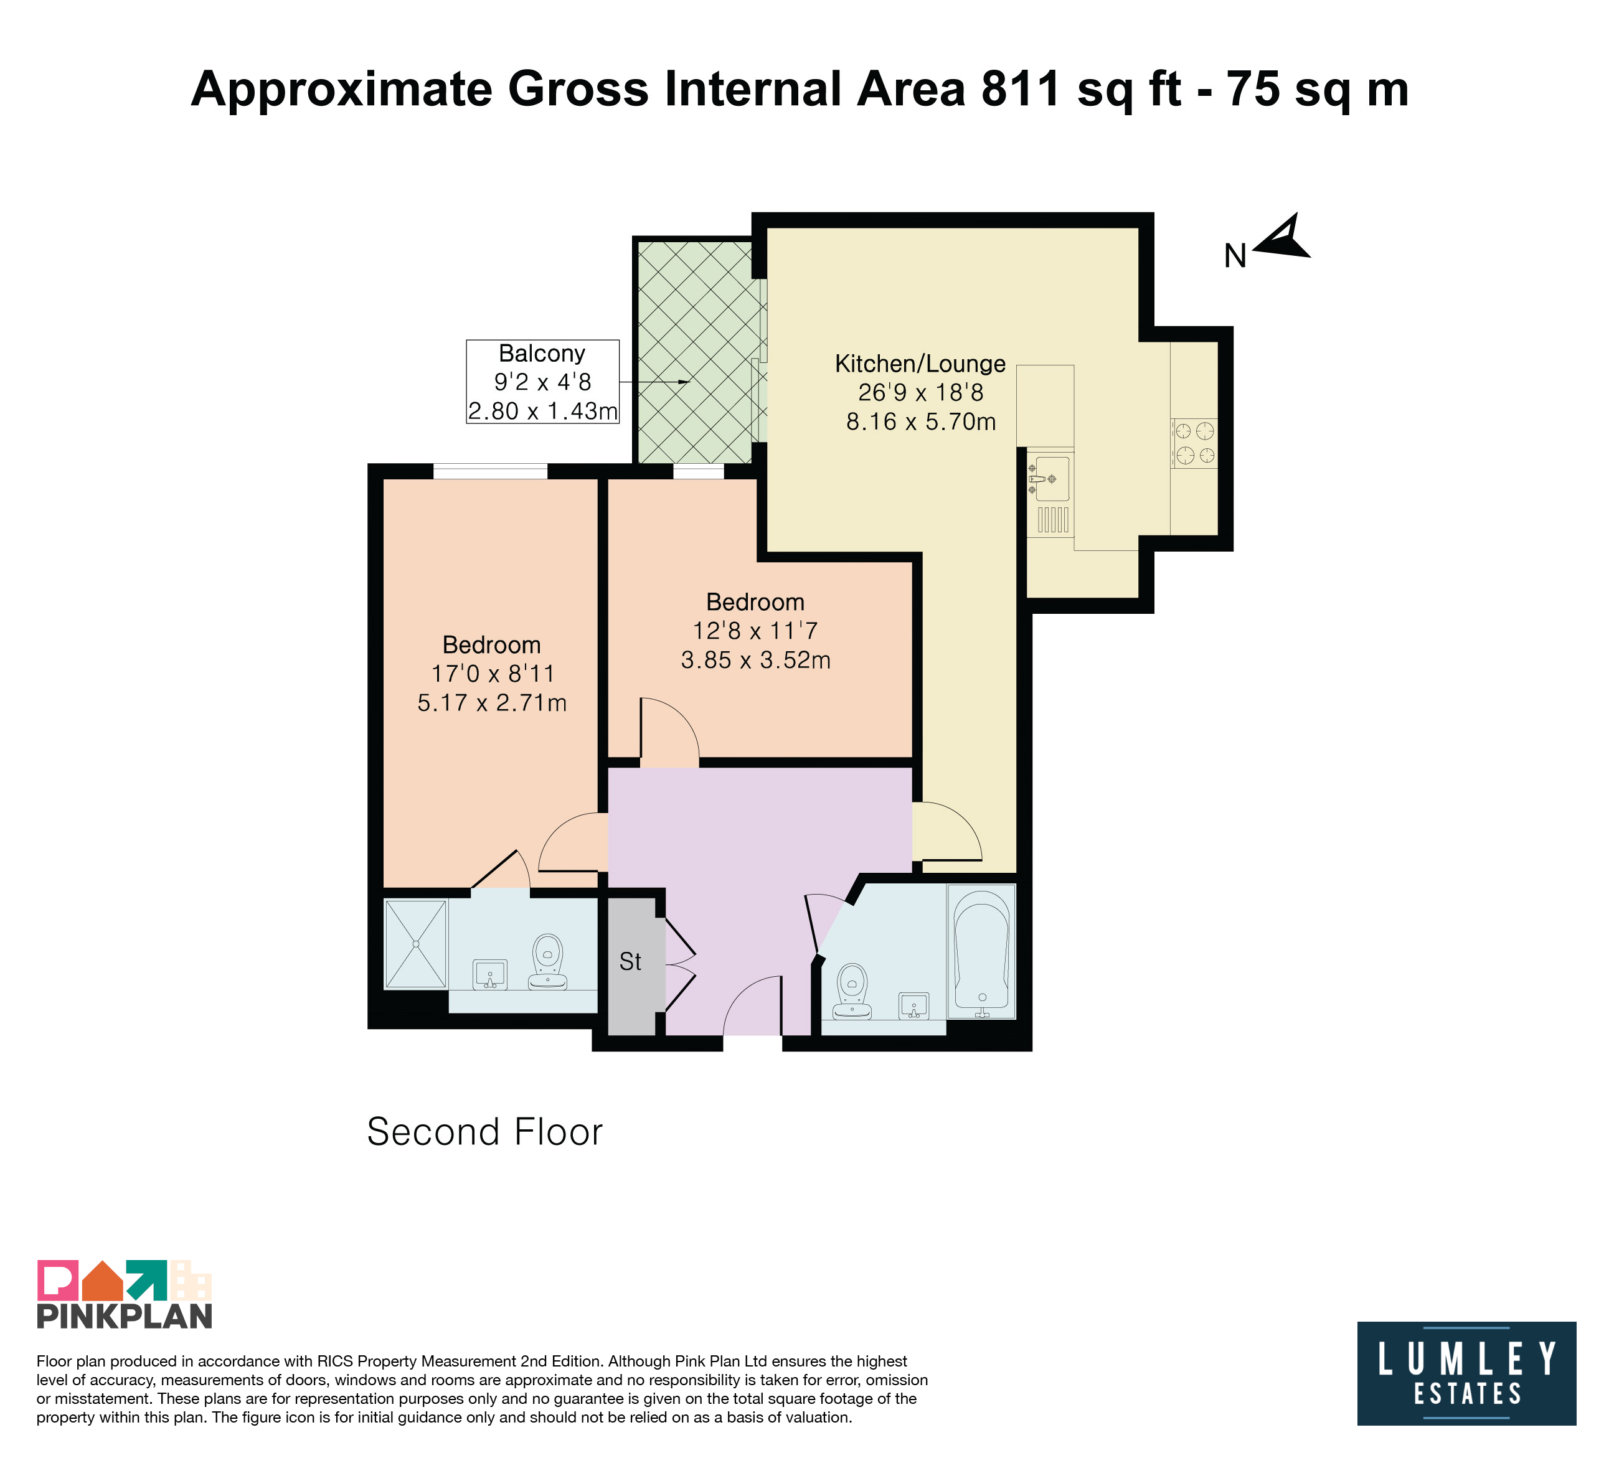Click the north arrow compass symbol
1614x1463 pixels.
[x=1281, y=238]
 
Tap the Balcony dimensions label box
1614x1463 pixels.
[x=543, y=382]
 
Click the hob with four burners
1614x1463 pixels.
[x=1194, y=443]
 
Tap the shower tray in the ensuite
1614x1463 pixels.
[x=415, y=944]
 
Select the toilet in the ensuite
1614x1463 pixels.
[x=547, y=961]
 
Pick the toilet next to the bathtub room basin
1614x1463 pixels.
[x=852, y=991]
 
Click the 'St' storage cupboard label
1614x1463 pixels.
[x=630, y=961]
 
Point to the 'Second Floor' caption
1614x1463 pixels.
[x=484, y=1132]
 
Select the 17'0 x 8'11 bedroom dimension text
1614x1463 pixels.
[x=493, y=673]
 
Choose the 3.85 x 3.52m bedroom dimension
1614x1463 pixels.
[x=756, y=661]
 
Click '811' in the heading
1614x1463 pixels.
[x=1020, y=89]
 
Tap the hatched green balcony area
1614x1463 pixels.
[x=693, y=350]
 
